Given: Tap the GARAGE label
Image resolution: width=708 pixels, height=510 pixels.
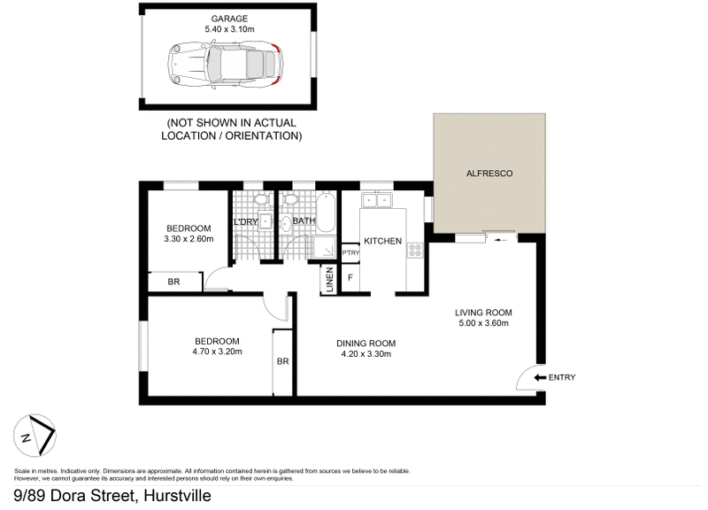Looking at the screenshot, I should click(x=228, y=17).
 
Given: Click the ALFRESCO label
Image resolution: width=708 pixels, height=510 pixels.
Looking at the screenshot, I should click(x=489, y=174).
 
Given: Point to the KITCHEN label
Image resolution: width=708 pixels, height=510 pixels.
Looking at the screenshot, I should click(x=382, y=241).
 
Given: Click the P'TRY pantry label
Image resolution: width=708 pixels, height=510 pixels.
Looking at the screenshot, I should click(x=350, y=251).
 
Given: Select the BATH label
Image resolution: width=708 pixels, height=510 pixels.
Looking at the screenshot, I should click(x=304, y=221).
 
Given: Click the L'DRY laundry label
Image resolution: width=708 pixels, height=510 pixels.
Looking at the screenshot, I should click(x=245, y=221).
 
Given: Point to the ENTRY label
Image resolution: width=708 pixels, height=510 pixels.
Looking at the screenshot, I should click(x=562, y=378).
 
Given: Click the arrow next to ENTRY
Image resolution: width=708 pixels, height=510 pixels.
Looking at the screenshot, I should click(x=541, y=378).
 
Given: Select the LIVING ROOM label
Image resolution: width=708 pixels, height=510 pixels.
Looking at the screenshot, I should click(x=483, y=313).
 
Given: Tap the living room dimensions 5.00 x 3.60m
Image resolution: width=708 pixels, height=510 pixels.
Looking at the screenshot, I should click(x=483, y=323).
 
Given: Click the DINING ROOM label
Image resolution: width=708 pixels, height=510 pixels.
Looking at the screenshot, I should click(x=366, y=344).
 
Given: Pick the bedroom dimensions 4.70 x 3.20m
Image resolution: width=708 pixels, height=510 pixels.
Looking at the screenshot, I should click(x=217, y=352).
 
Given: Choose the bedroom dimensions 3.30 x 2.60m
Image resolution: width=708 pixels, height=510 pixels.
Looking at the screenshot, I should click(x=189, y=239).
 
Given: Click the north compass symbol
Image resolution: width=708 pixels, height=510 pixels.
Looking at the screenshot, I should click(x=35, y=435).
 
